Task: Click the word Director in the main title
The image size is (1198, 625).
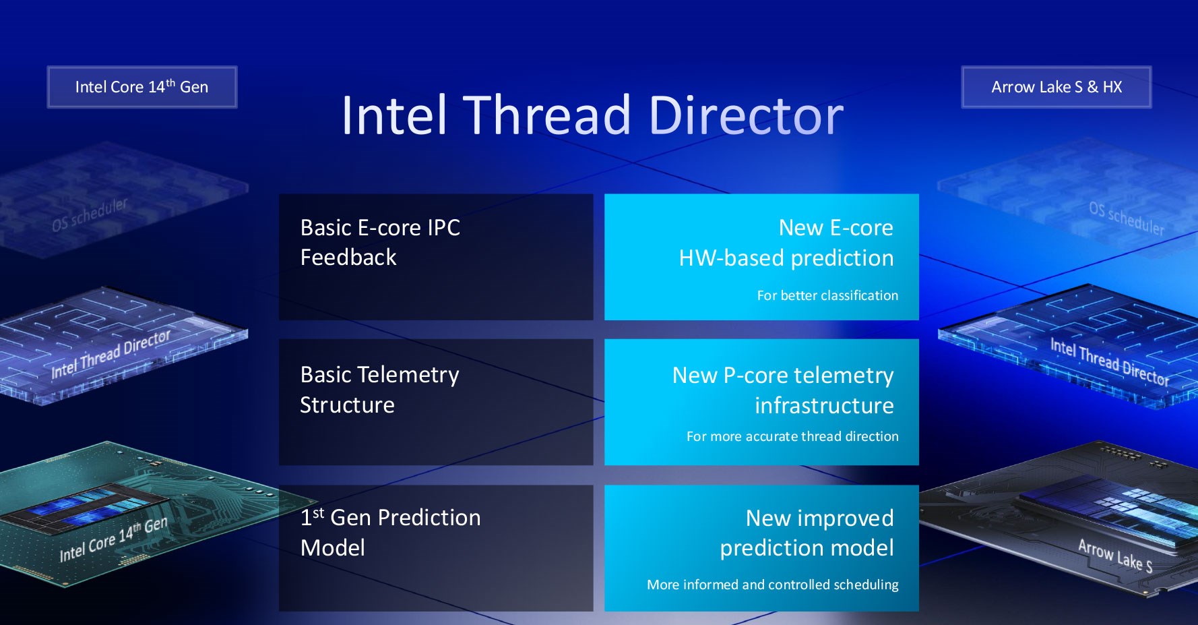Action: (745, 115)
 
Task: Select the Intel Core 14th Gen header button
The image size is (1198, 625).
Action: (142, 87)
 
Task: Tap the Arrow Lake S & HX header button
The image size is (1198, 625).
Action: (1057, 87)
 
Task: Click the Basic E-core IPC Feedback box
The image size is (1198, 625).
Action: (436, 257)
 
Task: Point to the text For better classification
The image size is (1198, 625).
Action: (827, 295)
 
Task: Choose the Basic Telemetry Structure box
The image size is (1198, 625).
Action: (436, 402)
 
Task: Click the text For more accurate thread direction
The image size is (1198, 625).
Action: (792, 436)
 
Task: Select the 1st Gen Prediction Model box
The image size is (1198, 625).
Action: (436, 548)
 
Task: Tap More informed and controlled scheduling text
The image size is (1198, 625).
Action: (773, 585)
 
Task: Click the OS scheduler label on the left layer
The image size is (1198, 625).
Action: (90, 214)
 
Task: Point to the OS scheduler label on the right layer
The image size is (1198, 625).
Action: (1127, 218)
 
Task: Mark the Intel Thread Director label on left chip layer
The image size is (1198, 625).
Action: (111, 354)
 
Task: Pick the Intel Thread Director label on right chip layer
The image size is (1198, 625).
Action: (1110, 362)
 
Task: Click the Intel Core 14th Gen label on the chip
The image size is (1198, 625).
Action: (113, 539)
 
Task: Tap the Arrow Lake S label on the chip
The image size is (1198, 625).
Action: (1115, 556)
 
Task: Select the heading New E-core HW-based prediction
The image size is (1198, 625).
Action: (786, 243)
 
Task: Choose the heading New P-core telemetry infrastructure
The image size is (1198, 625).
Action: (783, 390)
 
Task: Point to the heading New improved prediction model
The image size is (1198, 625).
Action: (807, 533)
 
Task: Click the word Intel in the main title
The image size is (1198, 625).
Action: (394, 115)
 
